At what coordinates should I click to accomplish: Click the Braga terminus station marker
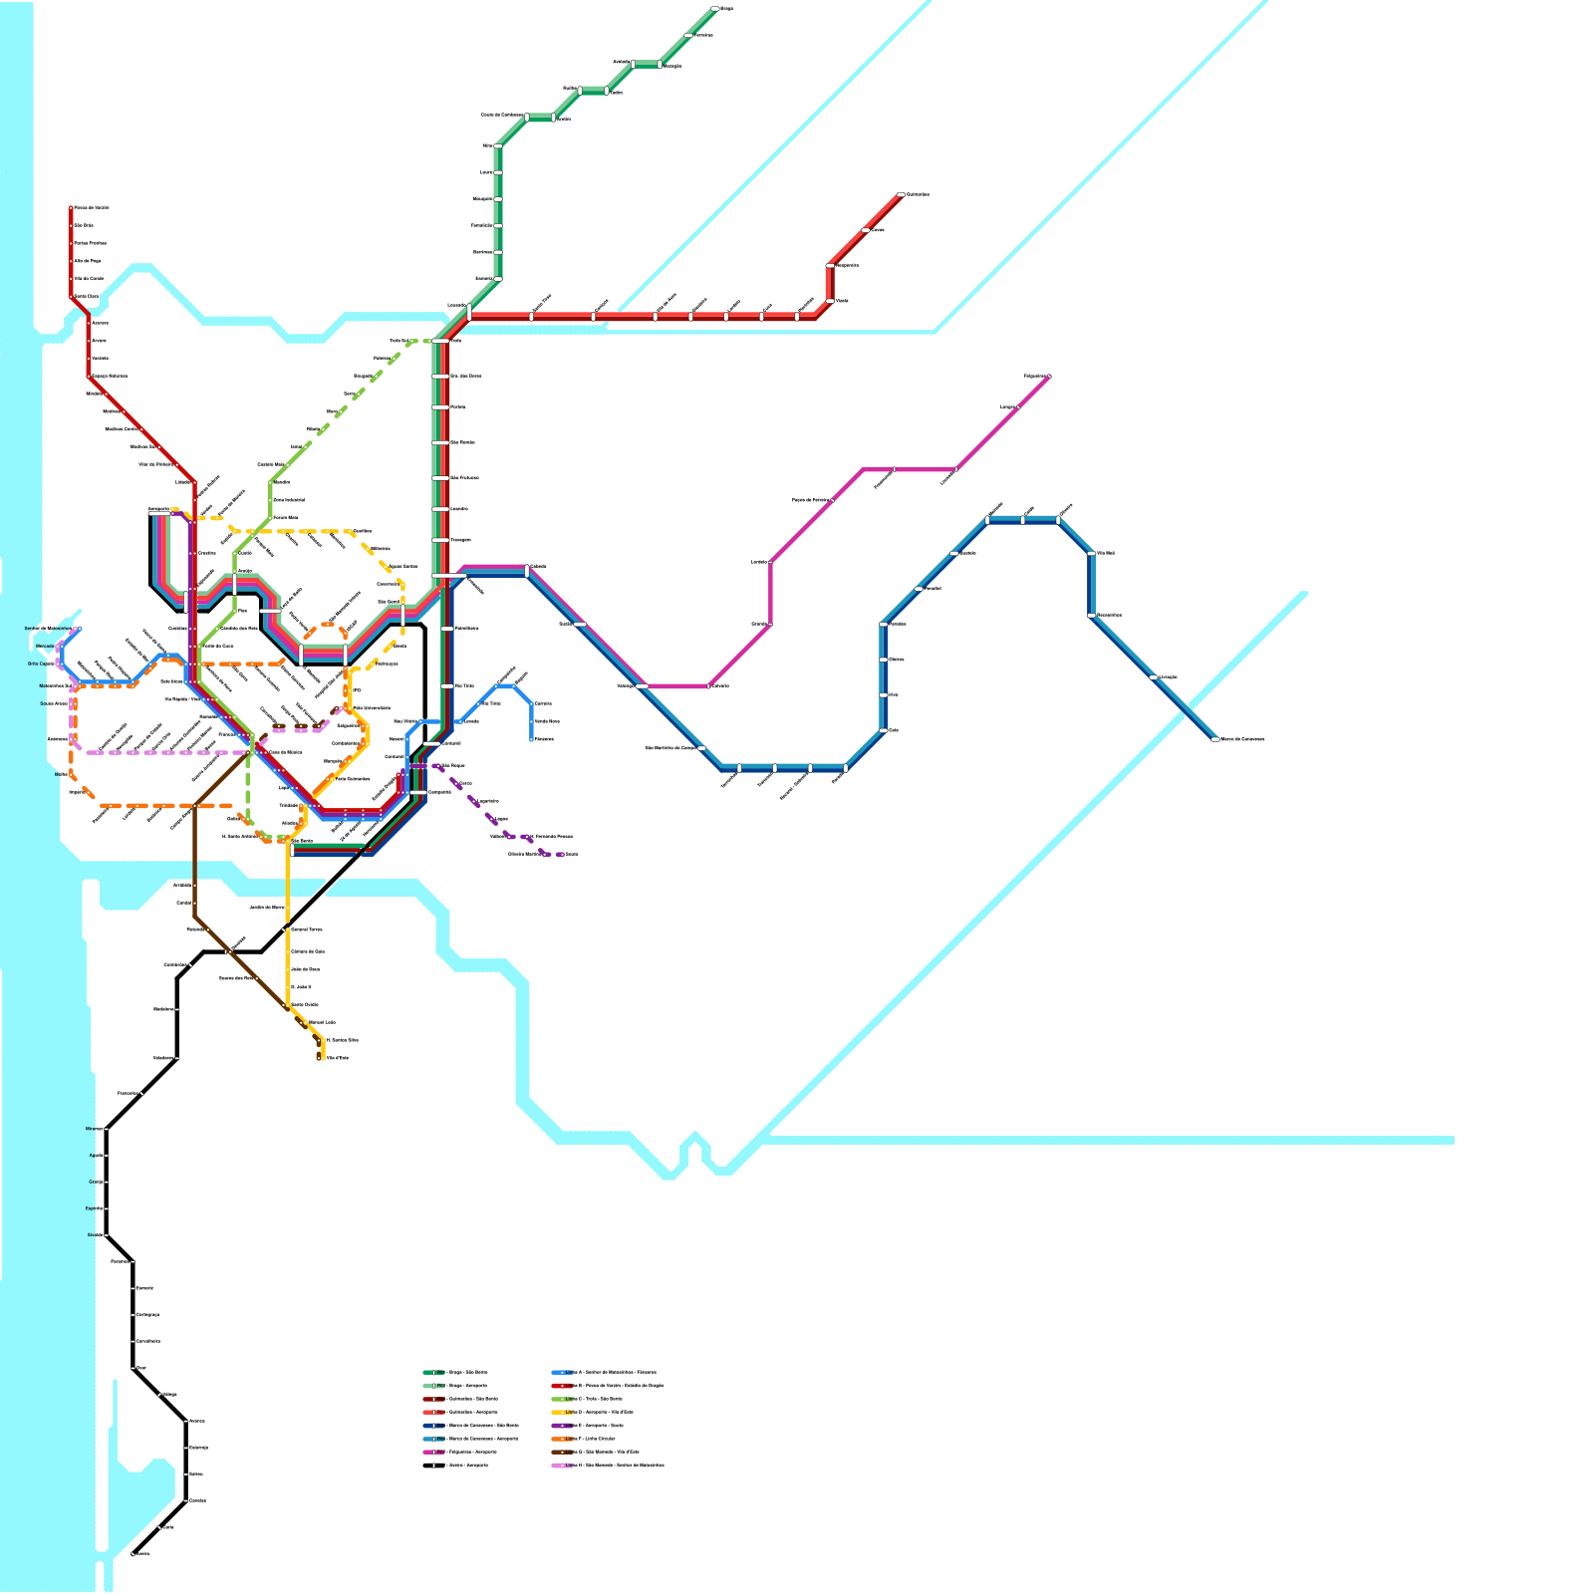click(x=714, y=9)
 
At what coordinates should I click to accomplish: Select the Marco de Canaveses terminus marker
click(x=1214, y=739)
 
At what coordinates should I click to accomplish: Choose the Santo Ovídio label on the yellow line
click(x=305, y=1004)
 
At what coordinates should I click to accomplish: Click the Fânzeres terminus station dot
click(x=531, y=739)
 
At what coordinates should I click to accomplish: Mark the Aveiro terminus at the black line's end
click(x=133, y=1553)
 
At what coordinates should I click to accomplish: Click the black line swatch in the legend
click(x=433, y=1465)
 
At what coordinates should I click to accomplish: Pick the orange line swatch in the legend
click(x=562, y=1439)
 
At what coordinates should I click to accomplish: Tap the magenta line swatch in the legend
click(x=433, y=1452)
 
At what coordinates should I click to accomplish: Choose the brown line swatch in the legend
click(x=562, y=1452)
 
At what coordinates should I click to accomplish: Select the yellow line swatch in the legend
click(x=562, y=1412)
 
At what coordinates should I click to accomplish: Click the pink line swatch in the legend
click(x=562, y=1465)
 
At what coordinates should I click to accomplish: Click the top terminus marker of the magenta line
click(x=1049, y=377)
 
